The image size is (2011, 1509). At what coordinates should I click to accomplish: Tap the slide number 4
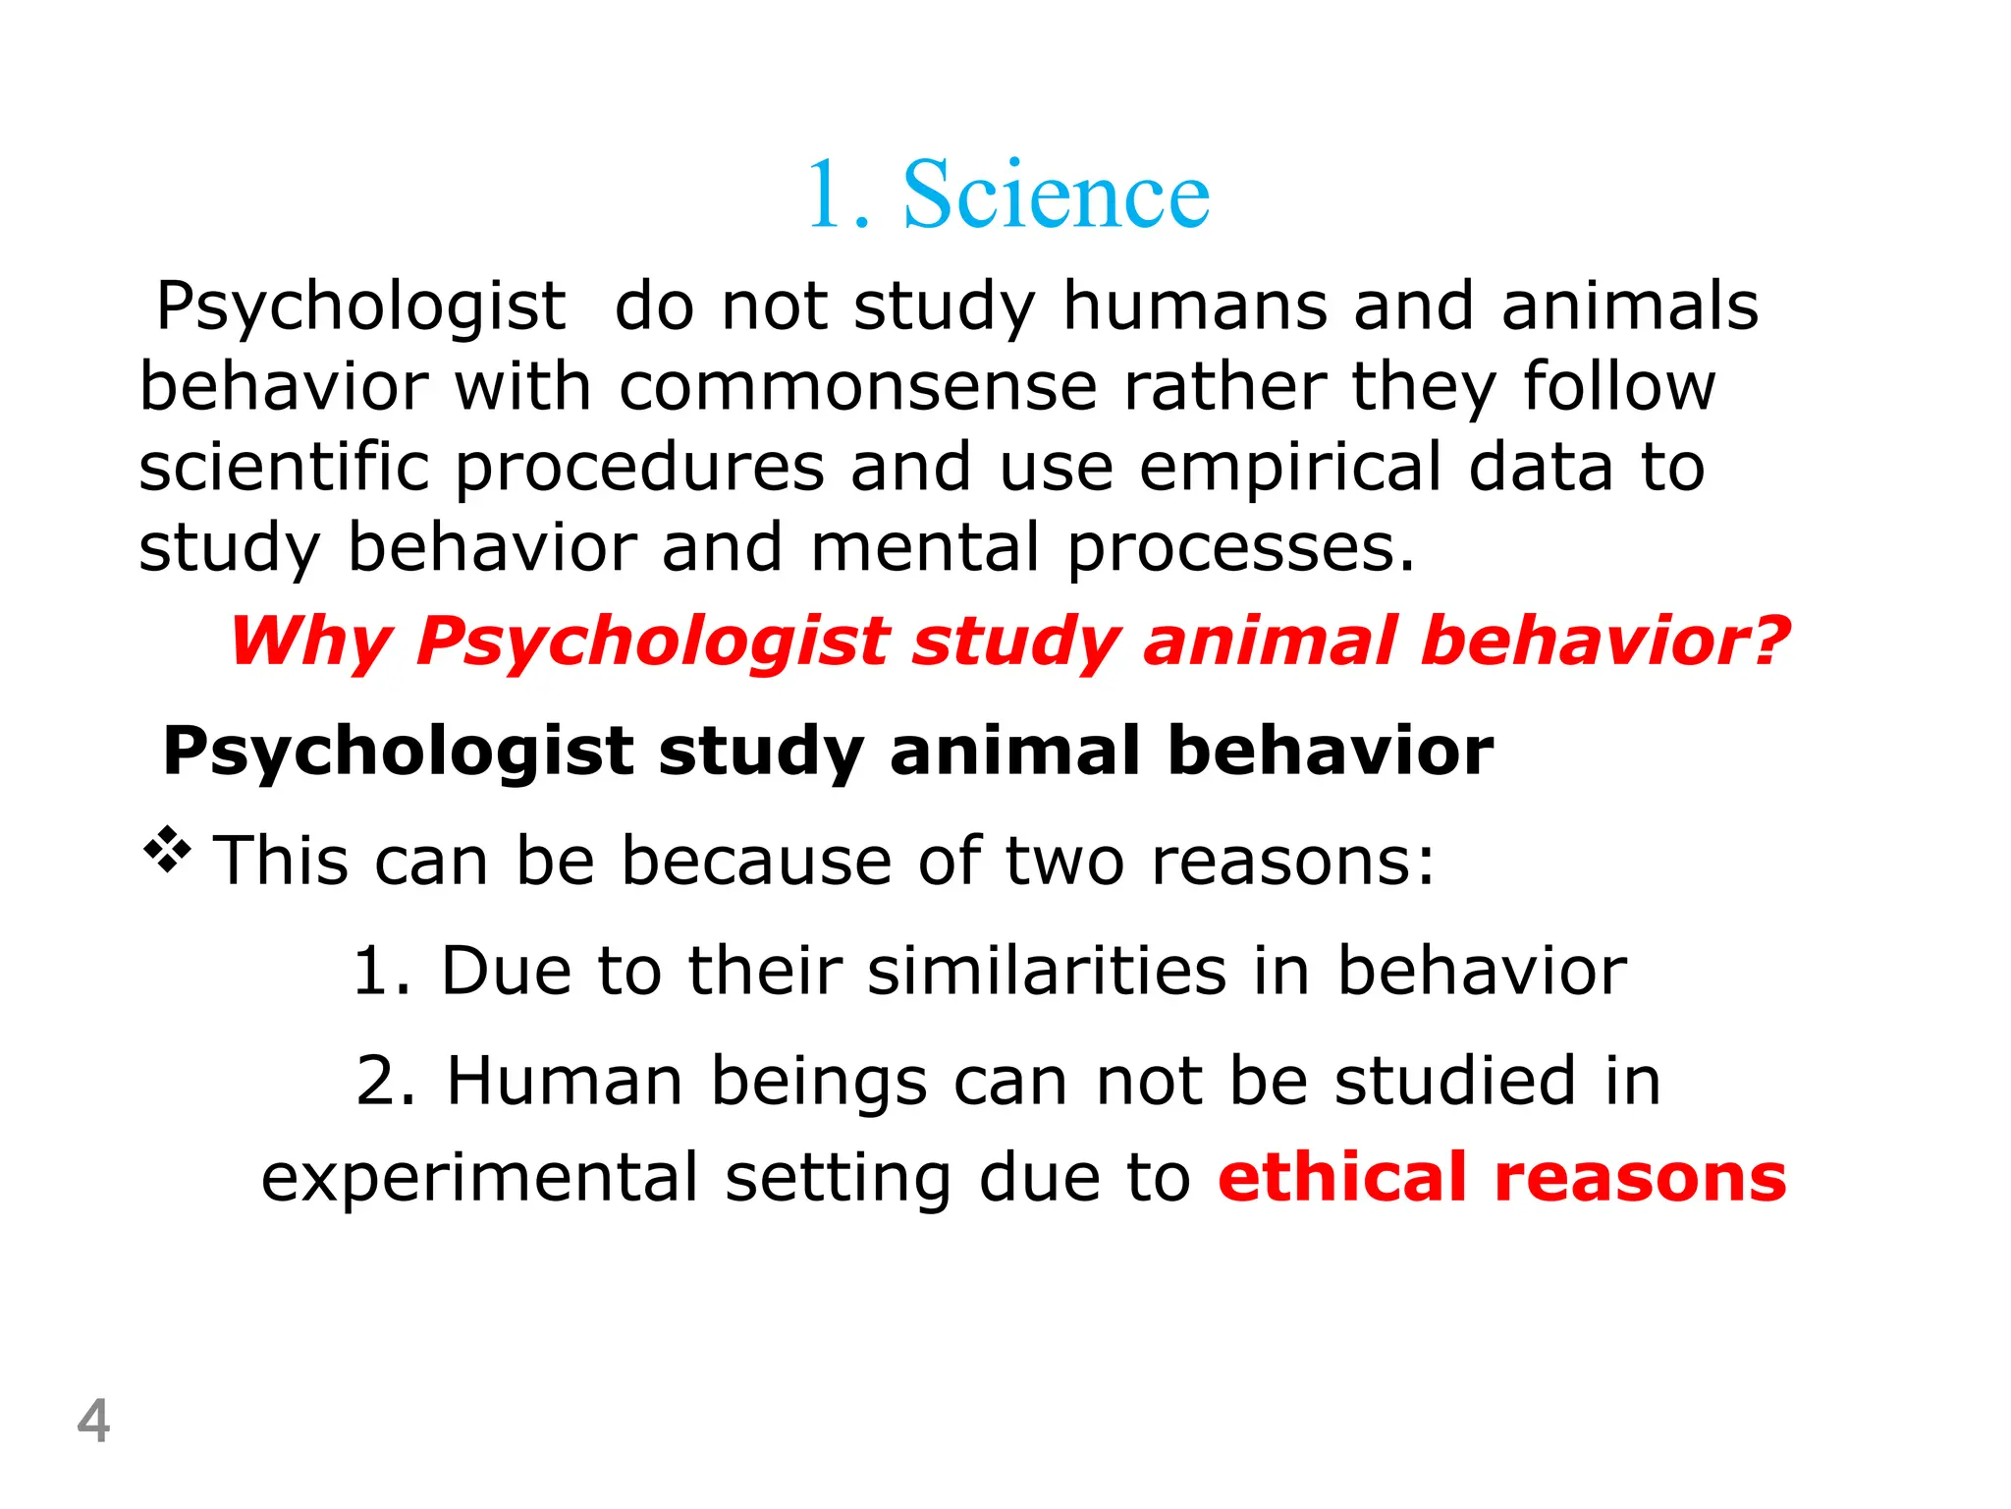93,1421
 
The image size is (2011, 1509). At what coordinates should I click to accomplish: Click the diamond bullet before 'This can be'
168,850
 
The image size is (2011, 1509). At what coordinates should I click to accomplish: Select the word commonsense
857,386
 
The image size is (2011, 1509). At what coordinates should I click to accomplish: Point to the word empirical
1290,468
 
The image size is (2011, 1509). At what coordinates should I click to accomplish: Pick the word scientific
284,467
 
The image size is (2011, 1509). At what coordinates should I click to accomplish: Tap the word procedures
639,468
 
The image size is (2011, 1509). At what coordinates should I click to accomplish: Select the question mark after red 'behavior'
1767,641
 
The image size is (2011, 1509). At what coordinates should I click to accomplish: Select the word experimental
479,1178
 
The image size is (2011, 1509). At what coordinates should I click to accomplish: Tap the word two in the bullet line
1065,861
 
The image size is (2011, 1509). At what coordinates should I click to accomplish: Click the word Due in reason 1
506,971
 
